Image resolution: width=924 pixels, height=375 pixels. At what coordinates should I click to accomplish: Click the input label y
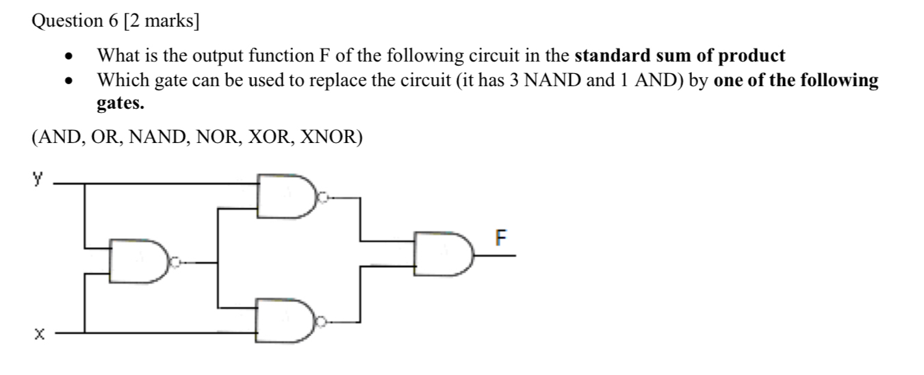pyautogui.click(x=38, y=180)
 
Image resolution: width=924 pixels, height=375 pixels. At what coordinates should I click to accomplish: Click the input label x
pyautogui.click(x=38, y=334)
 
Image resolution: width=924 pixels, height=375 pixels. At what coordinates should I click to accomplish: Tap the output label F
pyautogui.click(x=502, y=240)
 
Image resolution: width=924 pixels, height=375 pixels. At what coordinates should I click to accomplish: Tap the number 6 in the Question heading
pyautogui.click(x=113, y=21)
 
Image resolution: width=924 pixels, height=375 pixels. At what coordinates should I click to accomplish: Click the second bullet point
pyautogui.click(x=68, y=81)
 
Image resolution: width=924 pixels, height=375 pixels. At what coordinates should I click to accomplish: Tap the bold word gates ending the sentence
pyautogui.click(x=119, y=105)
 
